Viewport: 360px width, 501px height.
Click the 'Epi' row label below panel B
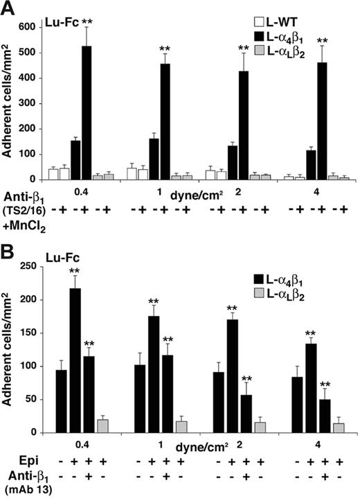[15, 459]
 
